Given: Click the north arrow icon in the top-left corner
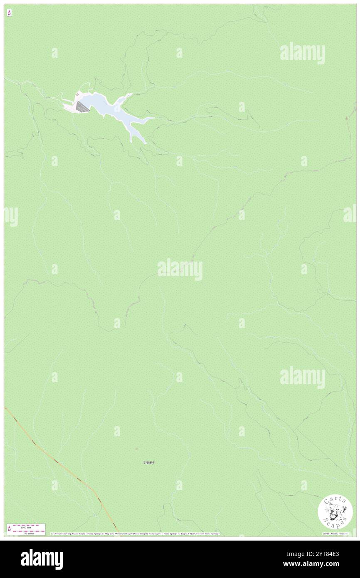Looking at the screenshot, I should (x=9, y=13).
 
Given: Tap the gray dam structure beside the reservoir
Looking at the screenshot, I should (x=82, y=107).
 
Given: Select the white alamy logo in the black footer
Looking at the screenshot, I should (x=42, y=559).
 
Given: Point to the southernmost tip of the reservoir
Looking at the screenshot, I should (x=145, y=143).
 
